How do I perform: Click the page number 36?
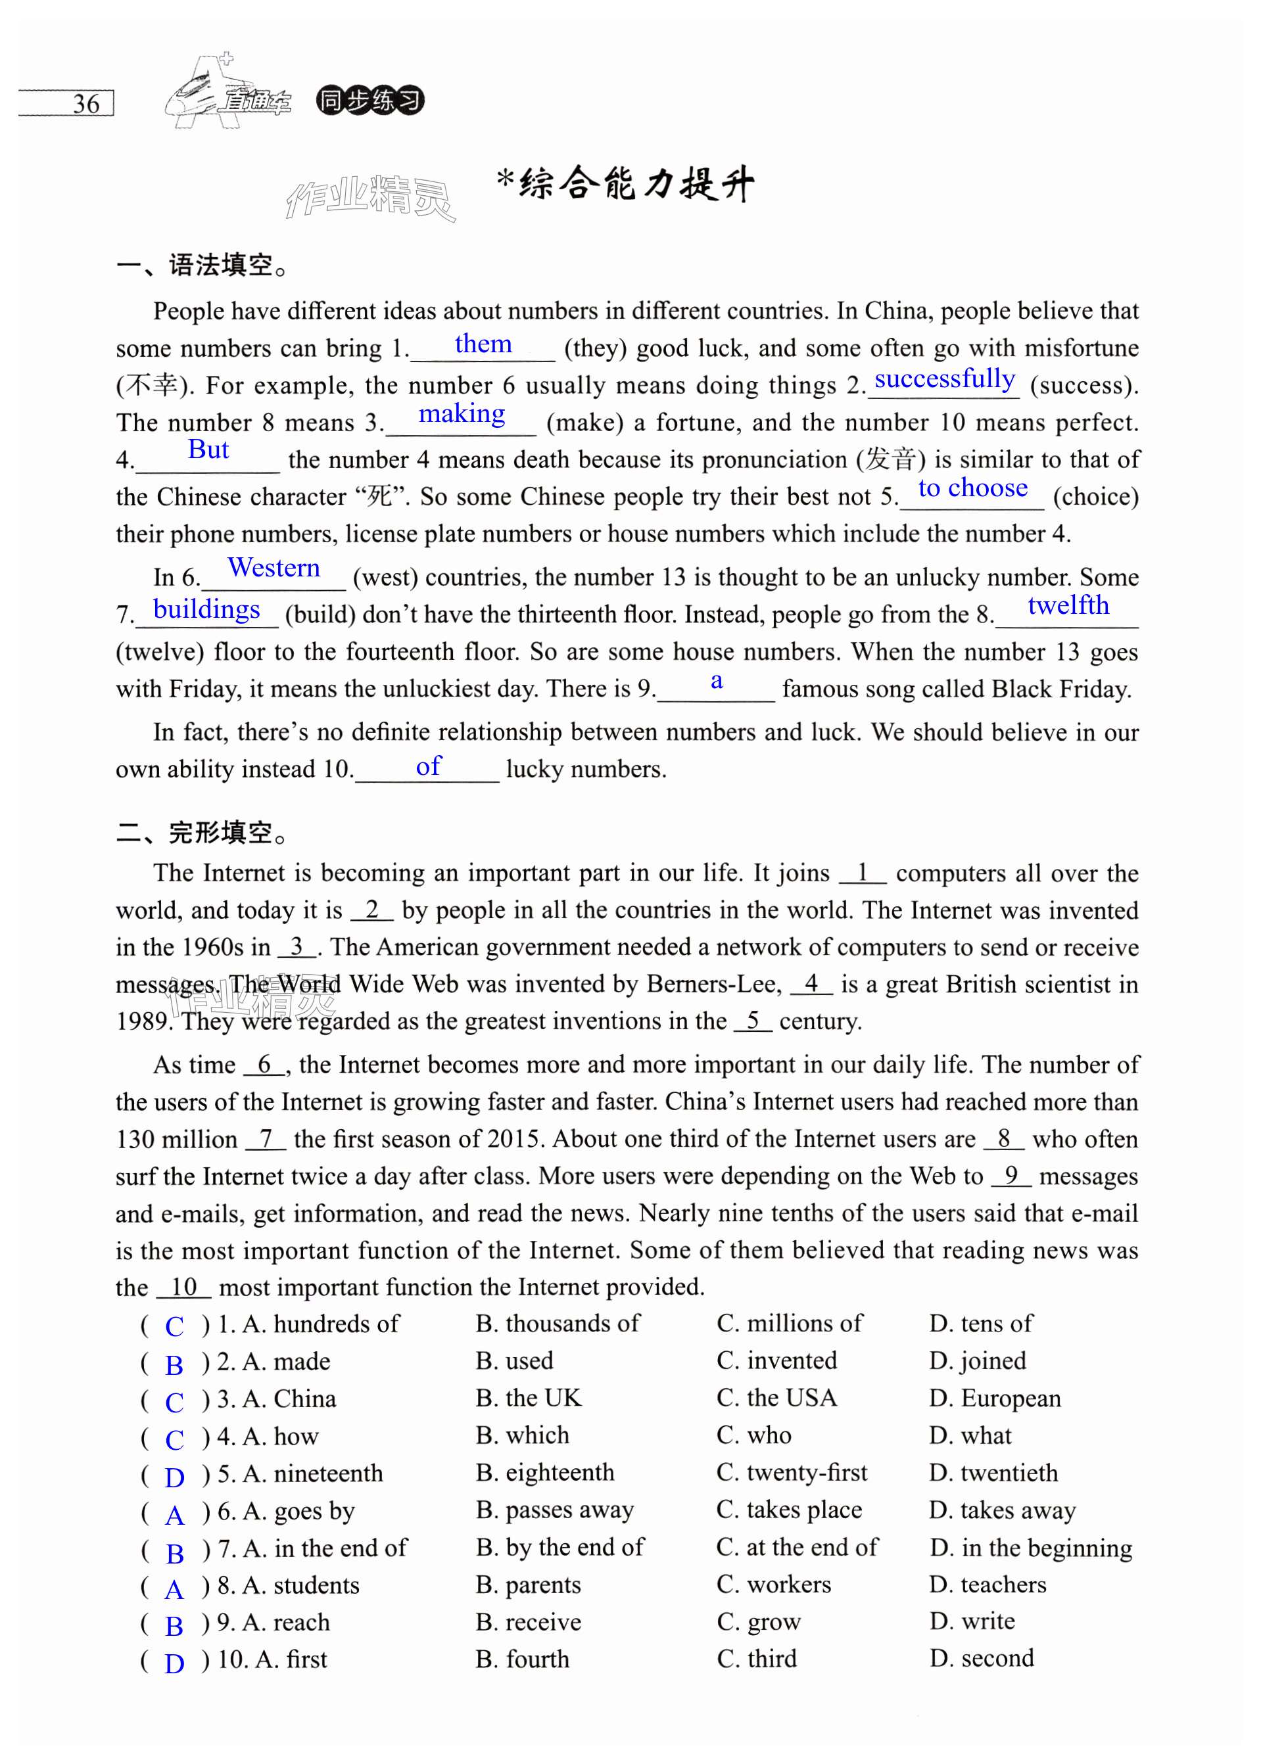(86, 104)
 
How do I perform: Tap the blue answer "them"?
(483, 344)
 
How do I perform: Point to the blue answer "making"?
(462, 415)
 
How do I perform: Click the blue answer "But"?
(208, 450)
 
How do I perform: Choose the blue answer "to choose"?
(972, 488)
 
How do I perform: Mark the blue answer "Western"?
(274, 568)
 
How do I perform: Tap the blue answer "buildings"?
(206, 609)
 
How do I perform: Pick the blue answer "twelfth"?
(1068, 605)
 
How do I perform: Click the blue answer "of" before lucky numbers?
(428, 767)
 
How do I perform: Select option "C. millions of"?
(789, 1324)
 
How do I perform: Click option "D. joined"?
(978, 1360)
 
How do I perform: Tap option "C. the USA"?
(776, 1398)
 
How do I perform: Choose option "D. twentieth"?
(993, 1472)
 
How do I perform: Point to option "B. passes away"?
(554, 1510)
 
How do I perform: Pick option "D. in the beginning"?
(1030, 1548)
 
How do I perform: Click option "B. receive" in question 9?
(528, 1622)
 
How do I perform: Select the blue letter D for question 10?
(175, 1663)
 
